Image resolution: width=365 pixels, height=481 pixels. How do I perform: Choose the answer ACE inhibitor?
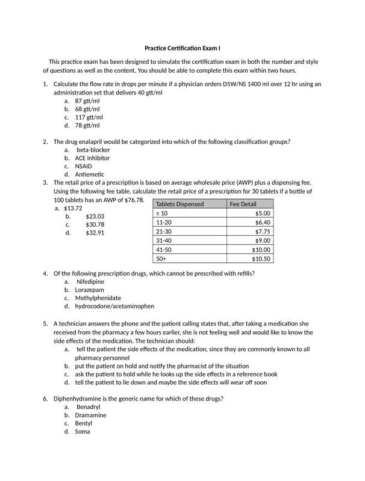92,158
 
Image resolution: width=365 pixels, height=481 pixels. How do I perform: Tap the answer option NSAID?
84,166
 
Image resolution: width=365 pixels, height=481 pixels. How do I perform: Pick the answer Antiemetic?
90,174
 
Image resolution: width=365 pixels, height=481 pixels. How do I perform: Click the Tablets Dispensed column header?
180,204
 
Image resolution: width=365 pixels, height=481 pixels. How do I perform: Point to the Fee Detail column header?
243,204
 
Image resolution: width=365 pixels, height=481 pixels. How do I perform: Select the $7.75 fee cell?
263,231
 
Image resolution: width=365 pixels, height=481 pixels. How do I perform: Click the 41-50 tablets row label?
164,250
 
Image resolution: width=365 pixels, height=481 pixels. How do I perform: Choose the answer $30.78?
95,224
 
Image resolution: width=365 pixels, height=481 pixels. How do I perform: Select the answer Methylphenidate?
98,298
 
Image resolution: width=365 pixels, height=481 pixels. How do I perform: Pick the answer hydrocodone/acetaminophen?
114,306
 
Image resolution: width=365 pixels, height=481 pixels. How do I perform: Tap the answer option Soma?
83,431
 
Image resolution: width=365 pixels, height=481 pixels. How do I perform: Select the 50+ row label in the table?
161,259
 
